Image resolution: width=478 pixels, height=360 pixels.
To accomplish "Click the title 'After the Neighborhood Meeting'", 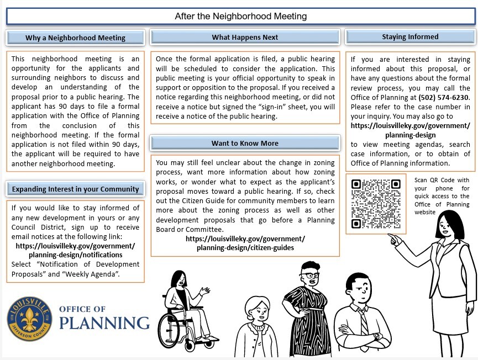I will pos(240,16).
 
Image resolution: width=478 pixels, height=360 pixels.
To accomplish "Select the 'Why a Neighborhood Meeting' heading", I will pos(75,38).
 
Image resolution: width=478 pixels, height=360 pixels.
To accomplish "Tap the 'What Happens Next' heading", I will pos(245,38).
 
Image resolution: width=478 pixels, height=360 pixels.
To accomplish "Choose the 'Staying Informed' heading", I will pos(410,37).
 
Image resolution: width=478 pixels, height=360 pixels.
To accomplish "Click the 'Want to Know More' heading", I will pos(245,144).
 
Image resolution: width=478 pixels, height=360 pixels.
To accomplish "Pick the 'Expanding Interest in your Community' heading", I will pos(75,189).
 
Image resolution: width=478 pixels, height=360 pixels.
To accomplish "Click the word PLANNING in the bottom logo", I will pos(104,323).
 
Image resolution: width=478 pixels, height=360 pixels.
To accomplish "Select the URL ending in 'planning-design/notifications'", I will pos(75,255).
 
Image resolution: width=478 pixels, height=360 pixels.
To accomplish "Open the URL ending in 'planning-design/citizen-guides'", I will pos(245,247).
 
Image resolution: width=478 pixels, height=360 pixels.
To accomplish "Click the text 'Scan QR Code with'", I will pos(442,180).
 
